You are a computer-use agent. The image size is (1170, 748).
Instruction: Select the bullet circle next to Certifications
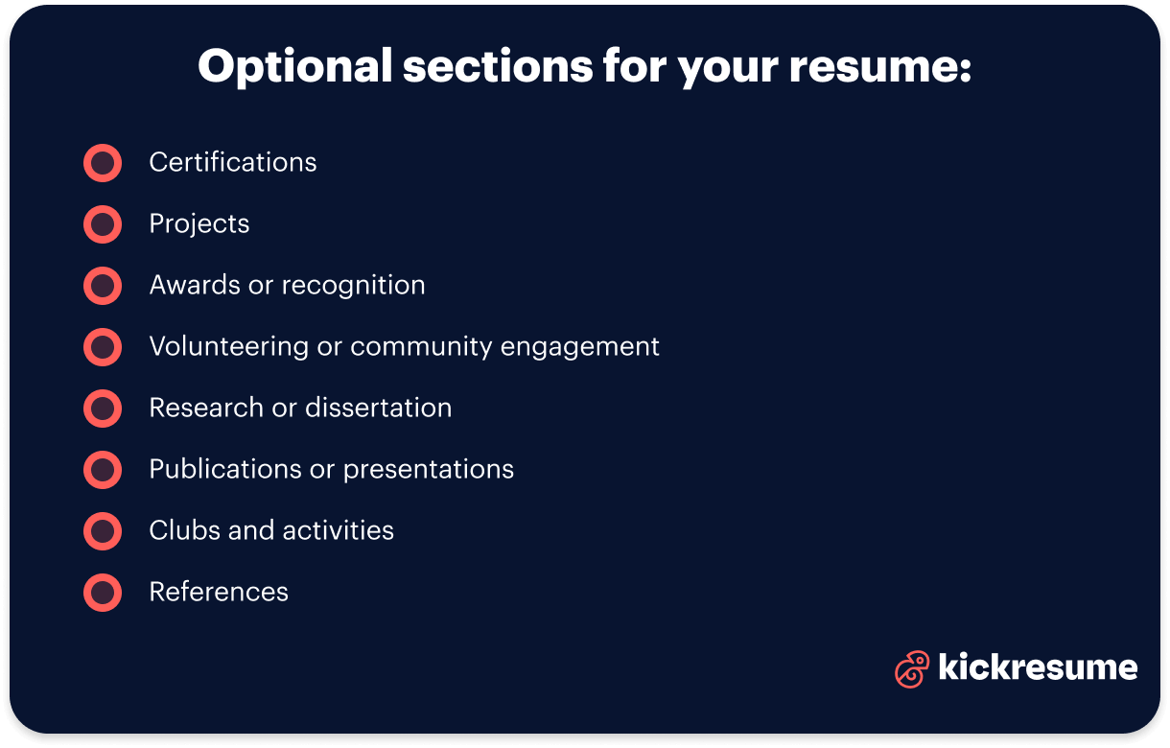pos(103,163)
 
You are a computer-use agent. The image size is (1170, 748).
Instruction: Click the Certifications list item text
pos(233,163)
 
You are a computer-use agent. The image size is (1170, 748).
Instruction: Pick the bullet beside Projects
pos(103,224)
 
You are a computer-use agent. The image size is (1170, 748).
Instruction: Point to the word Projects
pos(199,224)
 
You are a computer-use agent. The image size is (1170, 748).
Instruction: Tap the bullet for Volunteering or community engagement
pos(103,347)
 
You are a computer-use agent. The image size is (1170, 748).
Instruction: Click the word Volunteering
pos(228,347)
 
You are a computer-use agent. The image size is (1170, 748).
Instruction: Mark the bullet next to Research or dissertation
pos(103,409)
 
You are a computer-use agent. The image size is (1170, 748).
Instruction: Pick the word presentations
pos(429,470)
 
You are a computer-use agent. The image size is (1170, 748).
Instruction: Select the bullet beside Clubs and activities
pos(103,531)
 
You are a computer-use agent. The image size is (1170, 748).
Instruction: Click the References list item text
pos(219,593)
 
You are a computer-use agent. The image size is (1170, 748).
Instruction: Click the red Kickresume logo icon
pos(911,669)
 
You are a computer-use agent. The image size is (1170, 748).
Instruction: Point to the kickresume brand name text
pos(1038,667)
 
